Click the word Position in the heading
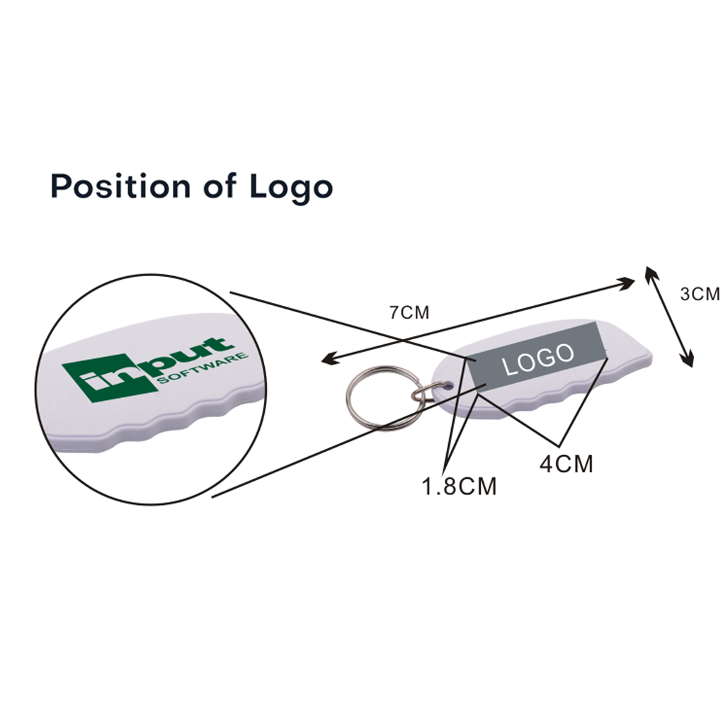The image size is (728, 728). coord(120,186)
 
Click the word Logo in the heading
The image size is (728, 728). coord(291,187)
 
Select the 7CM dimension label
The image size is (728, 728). coord(409,313)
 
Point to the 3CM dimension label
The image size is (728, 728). coord(700,294)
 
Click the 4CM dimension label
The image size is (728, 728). coord(566,463)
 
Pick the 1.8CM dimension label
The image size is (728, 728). coord(459,486)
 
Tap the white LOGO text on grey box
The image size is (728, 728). coord(538,358)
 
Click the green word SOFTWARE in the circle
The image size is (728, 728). coord(203,368)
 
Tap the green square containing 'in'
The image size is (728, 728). coord(110,378)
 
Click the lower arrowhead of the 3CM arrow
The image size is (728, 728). coord(688,360)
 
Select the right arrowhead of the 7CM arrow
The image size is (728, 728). coord(627,283)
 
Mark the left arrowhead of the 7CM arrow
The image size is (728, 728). coord(329,359)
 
